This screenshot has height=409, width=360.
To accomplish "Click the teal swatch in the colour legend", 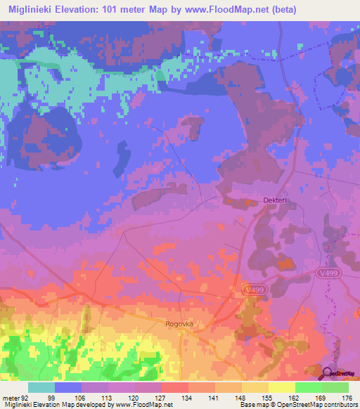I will coord(41,387).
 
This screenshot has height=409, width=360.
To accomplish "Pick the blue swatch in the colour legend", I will coord(68,387).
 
